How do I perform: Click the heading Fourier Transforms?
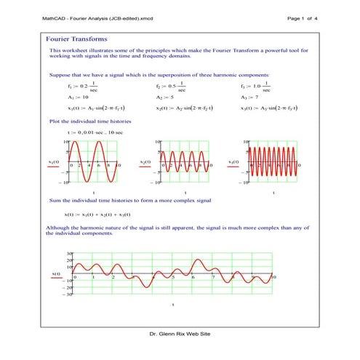click(x=76, y=38)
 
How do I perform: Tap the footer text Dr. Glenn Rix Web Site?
click(x=180, y=332)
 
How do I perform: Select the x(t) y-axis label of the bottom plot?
click(x=55, y=273)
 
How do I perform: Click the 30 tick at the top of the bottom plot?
click(x=69, y=253)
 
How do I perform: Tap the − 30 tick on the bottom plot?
click(x=68, y=295)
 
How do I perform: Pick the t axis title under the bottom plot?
click(x=172, y=305)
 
